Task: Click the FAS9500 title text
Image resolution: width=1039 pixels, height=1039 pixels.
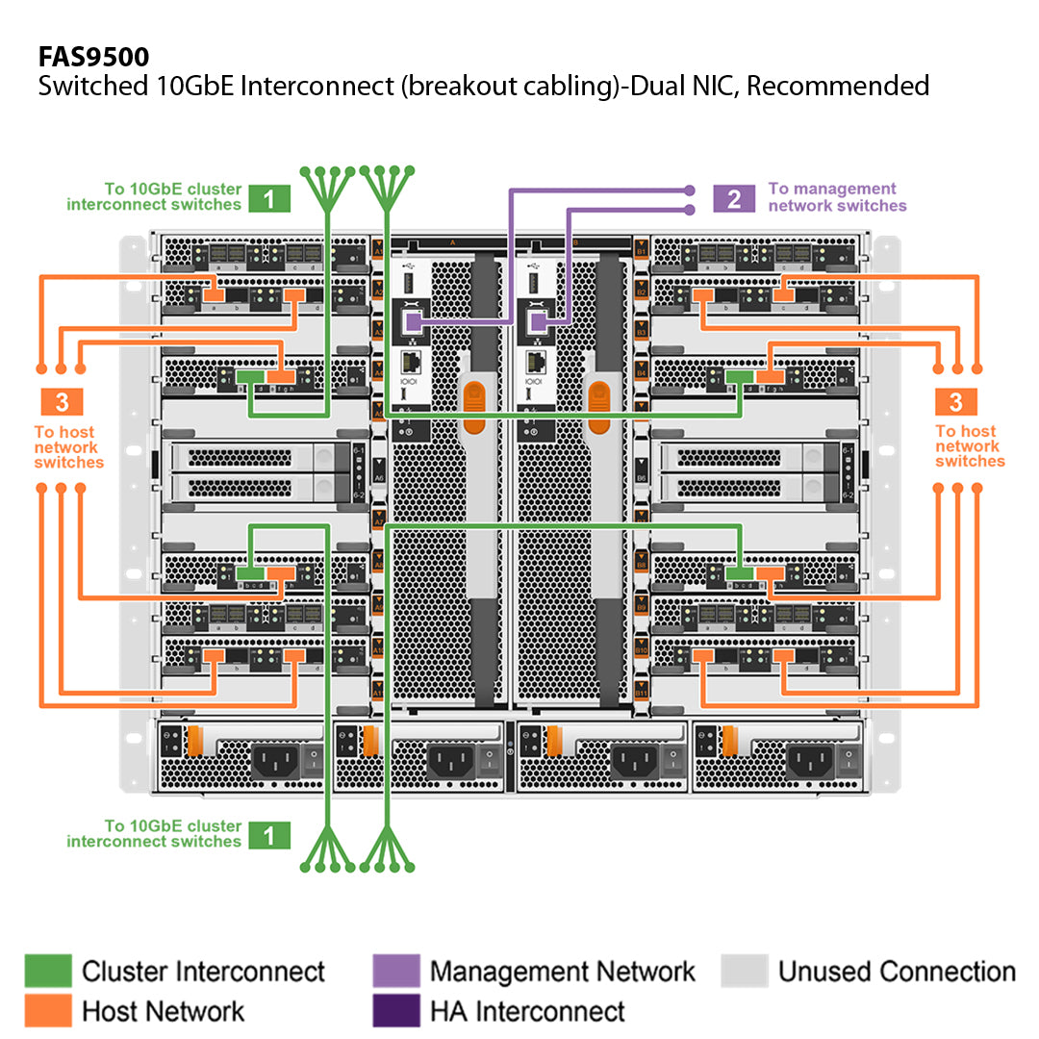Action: coord(93,56)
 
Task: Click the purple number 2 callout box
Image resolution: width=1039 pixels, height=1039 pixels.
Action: coord(734,199)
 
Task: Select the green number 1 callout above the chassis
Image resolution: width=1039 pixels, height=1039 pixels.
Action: coord(269,199)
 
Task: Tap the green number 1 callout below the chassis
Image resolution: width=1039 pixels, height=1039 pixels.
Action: coord(269,835)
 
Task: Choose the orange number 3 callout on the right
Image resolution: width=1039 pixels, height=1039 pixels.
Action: coord(956,402)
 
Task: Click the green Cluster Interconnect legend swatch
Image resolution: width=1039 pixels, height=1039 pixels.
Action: coord(48,971)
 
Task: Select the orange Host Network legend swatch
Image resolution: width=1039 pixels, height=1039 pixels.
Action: coord(48,1011)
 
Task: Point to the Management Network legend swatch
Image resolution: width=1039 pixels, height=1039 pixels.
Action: coord(395,971)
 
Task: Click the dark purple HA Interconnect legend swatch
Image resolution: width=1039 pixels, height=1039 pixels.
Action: coord(395,1011)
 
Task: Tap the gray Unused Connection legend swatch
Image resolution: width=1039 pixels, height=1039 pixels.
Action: coord(745,971)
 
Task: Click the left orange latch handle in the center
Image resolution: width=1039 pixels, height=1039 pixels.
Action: coord(473,404)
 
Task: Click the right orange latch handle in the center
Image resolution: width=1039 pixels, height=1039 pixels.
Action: coord(599,404)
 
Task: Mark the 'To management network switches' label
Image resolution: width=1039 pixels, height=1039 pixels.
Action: coord(837,197)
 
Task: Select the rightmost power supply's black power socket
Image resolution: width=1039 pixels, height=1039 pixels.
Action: coord(810,763)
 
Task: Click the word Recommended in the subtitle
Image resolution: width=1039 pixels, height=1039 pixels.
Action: coord(838,86)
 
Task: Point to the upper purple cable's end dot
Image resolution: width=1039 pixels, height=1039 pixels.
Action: coord(689,190)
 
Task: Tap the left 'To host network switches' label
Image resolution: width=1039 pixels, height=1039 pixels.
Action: coord(68,447)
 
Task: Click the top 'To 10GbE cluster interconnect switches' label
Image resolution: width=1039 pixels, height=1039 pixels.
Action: coord(154,197)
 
